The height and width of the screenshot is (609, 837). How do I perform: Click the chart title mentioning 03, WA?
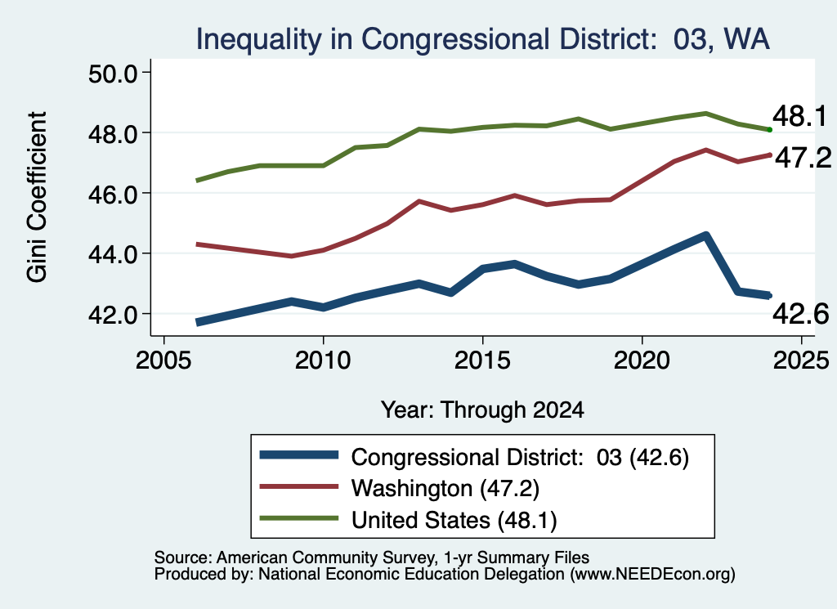482,39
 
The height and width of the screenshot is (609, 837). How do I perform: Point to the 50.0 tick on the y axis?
113,73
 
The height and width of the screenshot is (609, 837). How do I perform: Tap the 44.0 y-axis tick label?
113,254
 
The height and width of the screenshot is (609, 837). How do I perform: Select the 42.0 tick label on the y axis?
113,315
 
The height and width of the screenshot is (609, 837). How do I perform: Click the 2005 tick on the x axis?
163,360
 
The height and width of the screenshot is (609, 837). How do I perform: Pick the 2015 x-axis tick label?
482,360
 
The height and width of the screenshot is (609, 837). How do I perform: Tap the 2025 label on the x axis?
801,360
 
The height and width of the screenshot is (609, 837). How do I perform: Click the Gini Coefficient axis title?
37,197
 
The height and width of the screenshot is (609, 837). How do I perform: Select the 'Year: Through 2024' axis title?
482,410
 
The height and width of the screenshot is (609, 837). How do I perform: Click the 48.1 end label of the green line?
799,116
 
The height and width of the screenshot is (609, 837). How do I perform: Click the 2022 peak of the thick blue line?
705,235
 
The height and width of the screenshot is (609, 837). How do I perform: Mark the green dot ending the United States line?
769,130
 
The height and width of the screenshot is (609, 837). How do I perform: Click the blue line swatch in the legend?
299,455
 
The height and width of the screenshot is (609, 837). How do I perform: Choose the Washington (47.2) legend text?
445,488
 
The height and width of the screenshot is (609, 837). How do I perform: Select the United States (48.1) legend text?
454,520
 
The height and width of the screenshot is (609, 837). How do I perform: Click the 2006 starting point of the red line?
198,244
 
